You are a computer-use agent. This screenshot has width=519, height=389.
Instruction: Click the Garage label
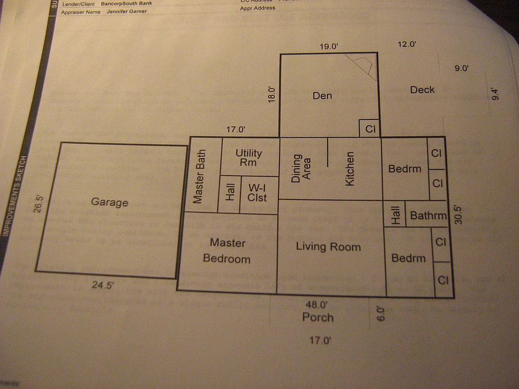pos(109,203)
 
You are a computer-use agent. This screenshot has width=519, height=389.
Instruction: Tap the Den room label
pos(322,96)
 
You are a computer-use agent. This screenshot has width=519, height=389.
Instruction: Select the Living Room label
pos(328,247)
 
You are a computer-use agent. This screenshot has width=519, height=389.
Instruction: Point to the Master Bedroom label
pos(227,251)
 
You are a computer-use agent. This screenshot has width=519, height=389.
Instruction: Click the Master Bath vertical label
pos(198,177)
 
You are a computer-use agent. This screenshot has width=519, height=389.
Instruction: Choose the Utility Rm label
pos(249,158)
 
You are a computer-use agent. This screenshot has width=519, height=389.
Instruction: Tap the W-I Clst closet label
pos(257,192)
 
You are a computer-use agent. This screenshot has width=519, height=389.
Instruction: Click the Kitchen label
pos(350,169)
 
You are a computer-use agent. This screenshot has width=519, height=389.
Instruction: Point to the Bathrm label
pos(428,216)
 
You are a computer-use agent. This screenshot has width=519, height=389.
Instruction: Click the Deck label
pos(422,90)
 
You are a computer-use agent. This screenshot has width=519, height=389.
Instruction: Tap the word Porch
pos(318,317)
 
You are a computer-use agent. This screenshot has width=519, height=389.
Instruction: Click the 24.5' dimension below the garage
pos(103,286)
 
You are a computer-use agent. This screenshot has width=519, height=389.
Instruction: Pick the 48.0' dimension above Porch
pos(316,305)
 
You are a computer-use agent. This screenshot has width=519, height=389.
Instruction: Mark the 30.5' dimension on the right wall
pos(458,214)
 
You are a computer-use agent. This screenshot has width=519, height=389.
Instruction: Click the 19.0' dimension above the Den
pos(328,47)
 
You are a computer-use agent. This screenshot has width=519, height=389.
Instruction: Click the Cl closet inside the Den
pos(370,129)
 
